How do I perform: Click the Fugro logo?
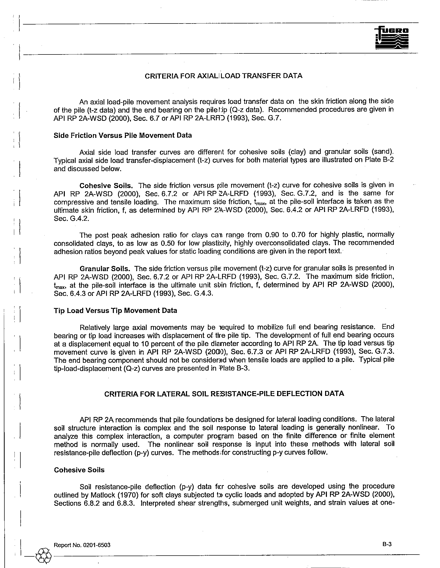[392, 38]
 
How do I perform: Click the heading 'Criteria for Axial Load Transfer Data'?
[223, 76]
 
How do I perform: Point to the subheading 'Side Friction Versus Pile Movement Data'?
[122, 135]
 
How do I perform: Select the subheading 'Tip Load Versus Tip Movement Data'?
[115, 311]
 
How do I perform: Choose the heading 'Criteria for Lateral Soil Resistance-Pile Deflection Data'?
[224, 393]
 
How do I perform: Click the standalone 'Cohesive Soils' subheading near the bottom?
[79, 470]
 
